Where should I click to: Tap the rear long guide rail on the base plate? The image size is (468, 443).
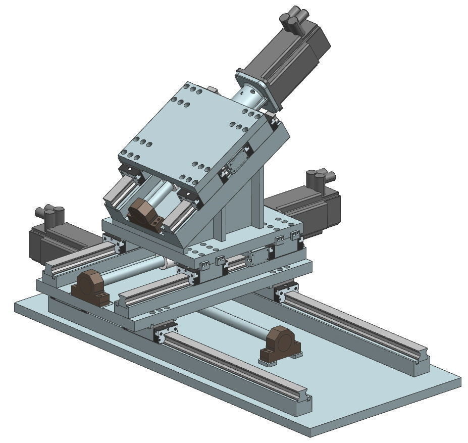[353, 328]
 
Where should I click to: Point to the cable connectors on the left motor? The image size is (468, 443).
[50, 215]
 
